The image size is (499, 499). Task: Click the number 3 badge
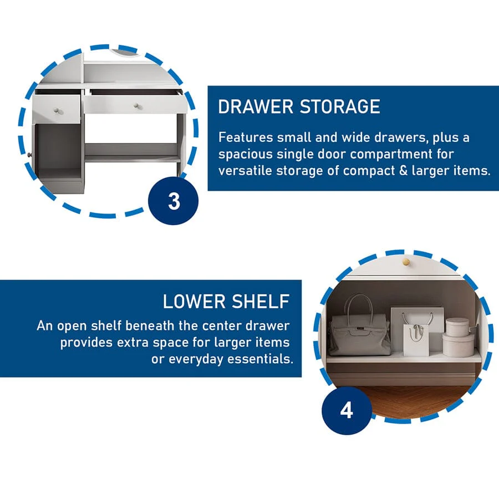173,201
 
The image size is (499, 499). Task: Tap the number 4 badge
347,410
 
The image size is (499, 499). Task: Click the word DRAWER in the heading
256,106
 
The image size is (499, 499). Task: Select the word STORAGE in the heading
340,106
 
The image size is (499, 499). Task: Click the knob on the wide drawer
137,106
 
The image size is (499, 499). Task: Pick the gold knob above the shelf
406,262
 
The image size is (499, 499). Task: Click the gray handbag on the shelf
360,334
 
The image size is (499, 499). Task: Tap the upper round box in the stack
457,327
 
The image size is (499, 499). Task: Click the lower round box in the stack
459,345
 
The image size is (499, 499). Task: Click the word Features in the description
246,138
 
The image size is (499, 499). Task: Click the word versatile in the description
245,171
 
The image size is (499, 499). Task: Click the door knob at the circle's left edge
30,155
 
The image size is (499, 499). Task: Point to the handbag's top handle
360,305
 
